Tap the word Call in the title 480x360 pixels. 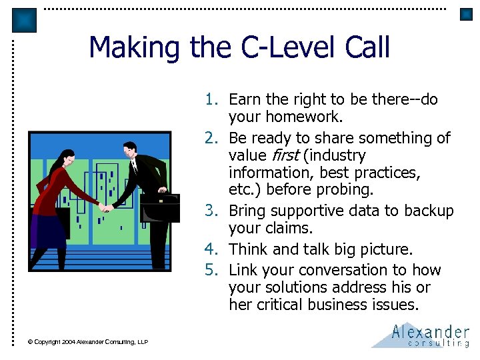tap(367, 48)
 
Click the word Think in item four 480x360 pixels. tap(248, 249)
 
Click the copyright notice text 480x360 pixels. tap(88, 342)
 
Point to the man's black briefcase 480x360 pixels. tap(160, 207)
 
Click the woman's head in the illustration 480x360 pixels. tap(53, 159)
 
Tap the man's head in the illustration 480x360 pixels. tap(130, 150)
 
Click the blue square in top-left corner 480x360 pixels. tap(24, 20)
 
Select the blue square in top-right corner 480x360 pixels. tap(466, 14)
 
